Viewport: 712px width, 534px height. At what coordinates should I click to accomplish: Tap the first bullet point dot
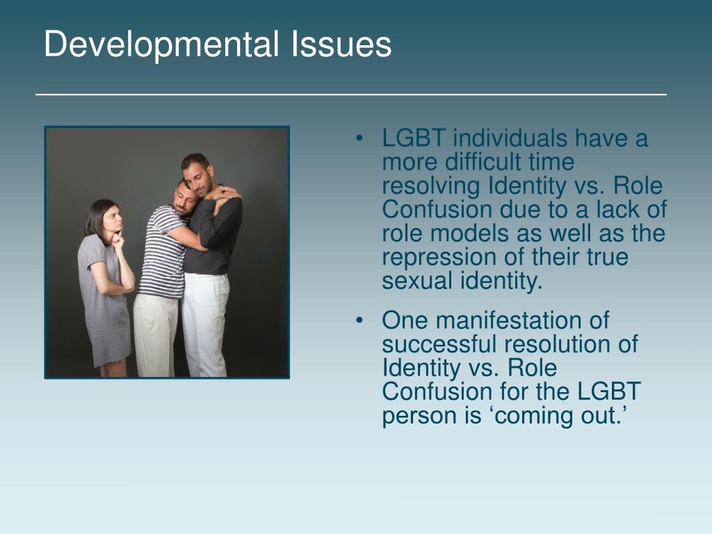(359, 139)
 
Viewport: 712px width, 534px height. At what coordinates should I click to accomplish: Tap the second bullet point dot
(359, 321)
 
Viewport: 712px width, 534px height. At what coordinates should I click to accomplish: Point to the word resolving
(431, 186)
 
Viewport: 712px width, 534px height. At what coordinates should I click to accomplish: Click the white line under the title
(351, 94)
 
